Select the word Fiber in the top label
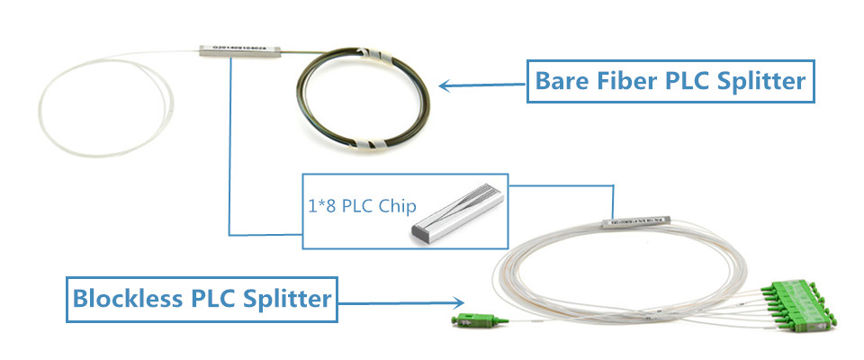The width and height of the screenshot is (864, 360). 620,81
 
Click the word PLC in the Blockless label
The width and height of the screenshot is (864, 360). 209,298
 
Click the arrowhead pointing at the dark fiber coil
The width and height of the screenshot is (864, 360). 445,86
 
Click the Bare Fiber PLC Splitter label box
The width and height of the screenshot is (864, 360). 670,81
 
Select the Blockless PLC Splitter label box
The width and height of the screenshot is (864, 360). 202,298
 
